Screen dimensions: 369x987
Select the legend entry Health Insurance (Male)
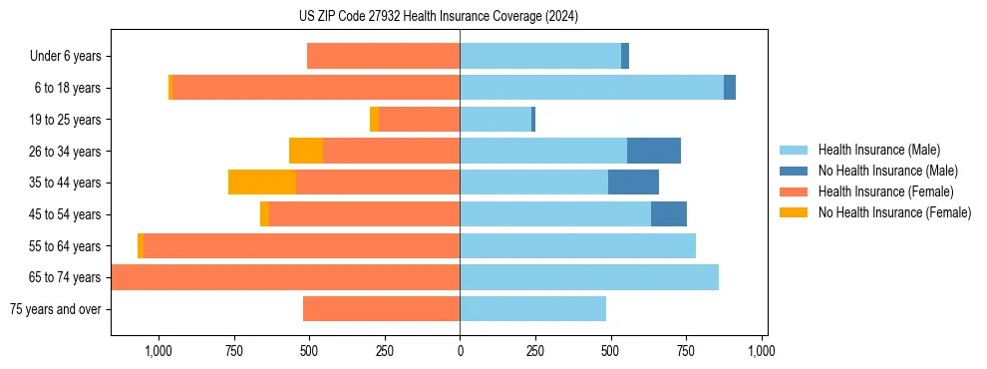(878, 150)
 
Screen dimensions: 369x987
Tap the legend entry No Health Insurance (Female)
(894, 212)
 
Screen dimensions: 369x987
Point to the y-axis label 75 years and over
(55, 309)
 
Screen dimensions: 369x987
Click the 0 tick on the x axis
(460, 351)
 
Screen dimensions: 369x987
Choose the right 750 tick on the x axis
(686, 351)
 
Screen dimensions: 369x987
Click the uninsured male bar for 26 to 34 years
(654, 151)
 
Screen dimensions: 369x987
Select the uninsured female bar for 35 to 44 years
(262, 183)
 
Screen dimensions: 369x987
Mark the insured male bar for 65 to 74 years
(589, 277)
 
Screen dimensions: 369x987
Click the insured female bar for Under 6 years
(384, 57)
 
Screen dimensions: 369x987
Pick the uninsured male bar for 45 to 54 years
(669, 214)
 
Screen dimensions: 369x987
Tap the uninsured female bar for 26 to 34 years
(306, 151)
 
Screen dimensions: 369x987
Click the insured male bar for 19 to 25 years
(495, 120)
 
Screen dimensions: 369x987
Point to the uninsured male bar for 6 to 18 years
(730, 88)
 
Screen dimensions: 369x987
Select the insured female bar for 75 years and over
(382, 309)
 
